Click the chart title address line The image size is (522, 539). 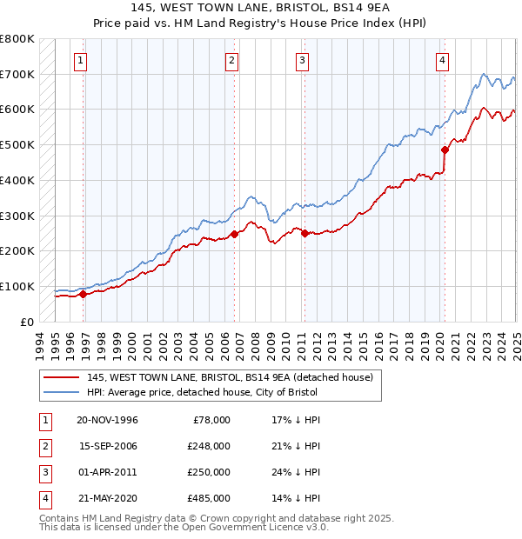click(x=260, y=10)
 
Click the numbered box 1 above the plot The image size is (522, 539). click(x=80, y=60)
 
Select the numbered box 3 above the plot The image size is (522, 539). click(x=301, y=60)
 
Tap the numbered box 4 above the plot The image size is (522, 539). click(x=443, y=60)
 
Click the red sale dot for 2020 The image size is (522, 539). click(x=445, y=150)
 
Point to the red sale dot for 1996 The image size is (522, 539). click(x=84, y=294)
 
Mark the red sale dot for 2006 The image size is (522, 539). click(x=234, y=234)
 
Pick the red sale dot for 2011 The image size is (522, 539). click(x=304, y=233)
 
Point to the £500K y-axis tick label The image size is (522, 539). click(x=17, y=145)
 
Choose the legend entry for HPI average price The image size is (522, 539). click(x=202, y=392)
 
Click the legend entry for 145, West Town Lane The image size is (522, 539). click(x=230, y=377)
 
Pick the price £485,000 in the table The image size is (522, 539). click(x=209, y=498)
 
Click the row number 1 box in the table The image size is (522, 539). click(x=43, y=420)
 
